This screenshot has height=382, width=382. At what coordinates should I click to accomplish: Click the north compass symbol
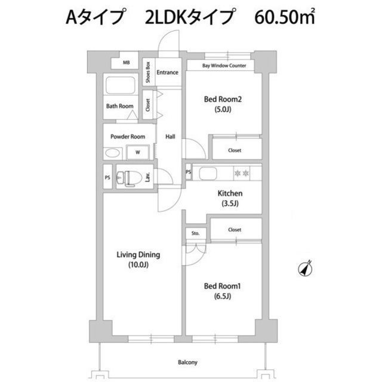306,269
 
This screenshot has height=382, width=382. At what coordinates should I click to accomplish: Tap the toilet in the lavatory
130,178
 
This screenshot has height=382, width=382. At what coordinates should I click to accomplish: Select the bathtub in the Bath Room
121,85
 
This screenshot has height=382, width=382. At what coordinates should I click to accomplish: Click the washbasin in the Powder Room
112,153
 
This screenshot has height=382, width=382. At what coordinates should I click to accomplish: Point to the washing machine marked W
138,152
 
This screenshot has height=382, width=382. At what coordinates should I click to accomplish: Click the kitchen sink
208,173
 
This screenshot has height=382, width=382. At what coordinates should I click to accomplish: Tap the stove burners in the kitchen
242,173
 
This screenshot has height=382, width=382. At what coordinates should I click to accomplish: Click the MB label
126,63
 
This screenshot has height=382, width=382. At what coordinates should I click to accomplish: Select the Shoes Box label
147,72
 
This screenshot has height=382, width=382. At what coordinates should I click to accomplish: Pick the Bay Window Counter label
224,66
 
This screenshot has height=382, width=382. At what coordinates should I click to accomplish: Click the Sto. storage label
195,233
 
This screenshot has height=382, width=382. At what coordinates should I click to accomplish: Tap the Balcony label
187,362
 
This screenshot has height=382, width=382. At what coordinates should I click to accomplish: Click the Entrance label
167,72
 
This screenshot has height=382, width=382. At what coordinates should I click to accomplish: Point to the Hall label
170,137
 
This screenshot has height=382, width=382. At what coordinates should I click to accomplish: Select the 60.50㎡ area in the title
285,17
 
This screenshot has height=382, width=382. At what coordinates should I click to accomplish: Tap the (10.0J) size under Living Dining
138,265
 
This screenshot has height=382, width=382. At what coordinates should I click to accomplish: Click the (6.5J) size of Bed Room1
223,296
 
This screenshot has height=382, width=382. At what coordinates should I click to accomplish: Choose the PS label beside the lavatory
107,178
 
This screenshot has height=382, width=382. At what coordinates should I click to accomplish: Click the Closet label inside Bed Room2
235,150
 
